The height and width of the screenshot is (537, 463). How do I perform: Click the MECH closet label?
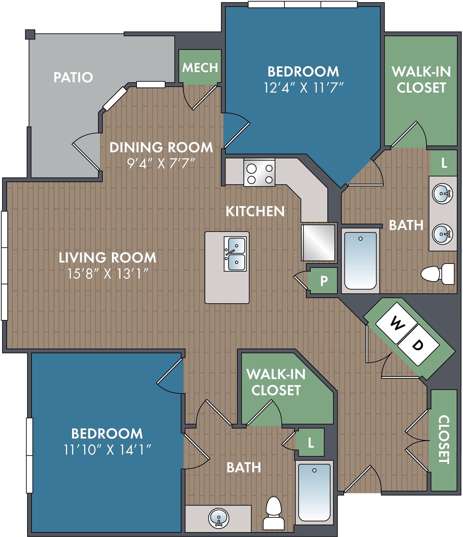(200, 68)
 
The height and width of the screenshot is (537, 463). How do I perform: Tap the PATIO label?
(73, 77)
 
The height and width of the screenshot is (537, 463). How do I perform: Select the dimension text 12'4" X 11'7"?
(303, 88)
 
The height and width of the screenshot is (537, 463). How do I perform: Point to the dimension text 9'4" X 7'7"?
(161, 163)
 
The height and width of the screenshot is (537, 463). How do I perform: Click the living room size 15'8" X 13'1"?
(108, 274)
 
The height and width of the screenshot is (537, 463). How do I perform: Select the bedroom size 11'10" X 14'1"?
(107, 450)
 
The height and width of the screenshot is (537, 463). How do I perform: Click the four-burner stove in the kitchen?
(259, 173)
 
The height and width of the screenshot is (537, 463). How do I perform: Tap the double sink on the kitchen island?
(235, 254)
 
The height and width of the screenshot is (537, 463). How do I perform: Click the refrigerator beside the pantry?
(318, 243)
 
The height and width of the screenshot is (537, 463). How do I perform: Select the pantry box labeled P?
(324, 281)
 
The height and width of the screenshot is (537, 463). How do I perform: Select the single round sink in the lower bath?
(219, 518)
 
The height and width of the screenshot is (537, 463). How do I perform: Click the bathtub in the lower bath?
(314, 492)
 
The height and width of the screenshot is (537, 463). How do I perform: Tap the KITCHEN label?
(255, 211)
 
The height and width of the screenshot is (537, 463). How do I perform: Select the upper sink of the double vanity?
(443, 194)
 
